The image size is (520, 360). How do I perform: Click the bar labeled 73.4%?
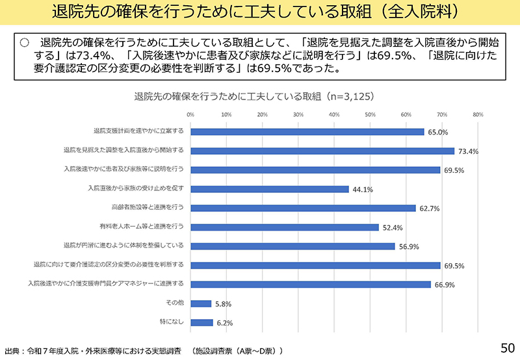tap(322, 151)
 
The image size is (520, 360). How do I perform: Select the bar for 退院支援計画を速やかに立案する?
tap(307, 131)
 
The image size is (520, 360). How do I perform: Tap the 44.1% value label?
tap(363, 190)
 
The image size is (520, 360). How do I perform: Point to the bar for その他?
tap(201, 303)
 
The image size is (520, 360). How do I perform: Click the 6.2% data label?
tap(224, 323)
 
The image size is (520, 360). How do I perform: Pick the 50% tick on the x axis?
tap(370, 114)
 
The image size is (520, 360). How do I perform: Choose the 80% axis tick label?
tap(478, 114)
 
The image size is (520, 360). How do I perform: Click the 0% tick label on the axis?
tap(190, 114)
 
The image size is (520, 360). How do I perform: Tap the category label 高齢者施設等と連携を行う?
tap(148, 207)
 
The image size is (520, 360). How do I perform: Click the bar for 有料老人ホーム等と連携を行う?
tap(284, 227)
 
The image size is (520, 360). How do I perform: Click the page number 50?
tap(507, 344)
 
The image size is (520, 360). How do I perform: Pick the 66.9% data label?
tap(445, 285)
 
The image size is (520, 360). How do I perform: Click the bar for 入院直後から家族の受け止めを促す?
tap(269, 188)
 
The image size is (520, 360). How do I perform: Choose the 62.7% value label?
tap(430, 209)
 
